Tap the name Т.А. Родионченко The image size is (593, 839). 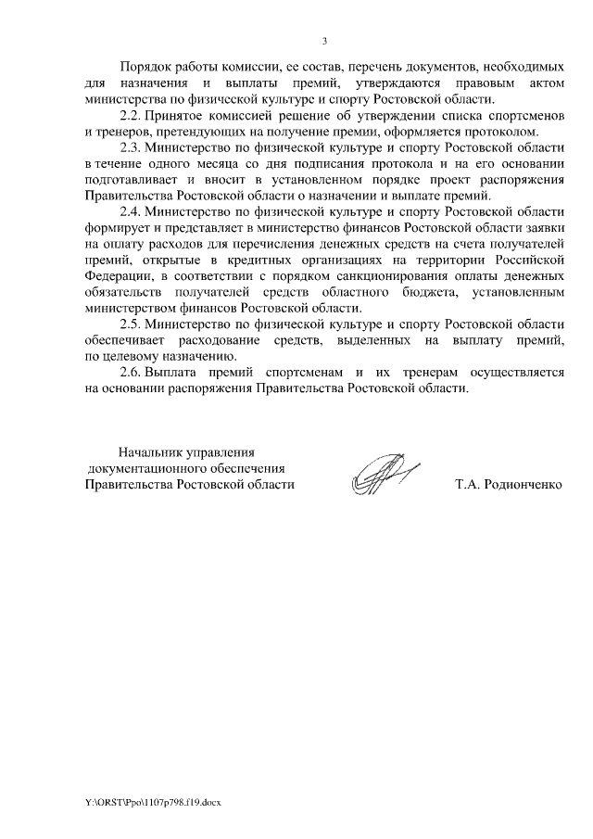click(509, 484)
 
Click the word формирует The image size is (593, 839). click(115, 227)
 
